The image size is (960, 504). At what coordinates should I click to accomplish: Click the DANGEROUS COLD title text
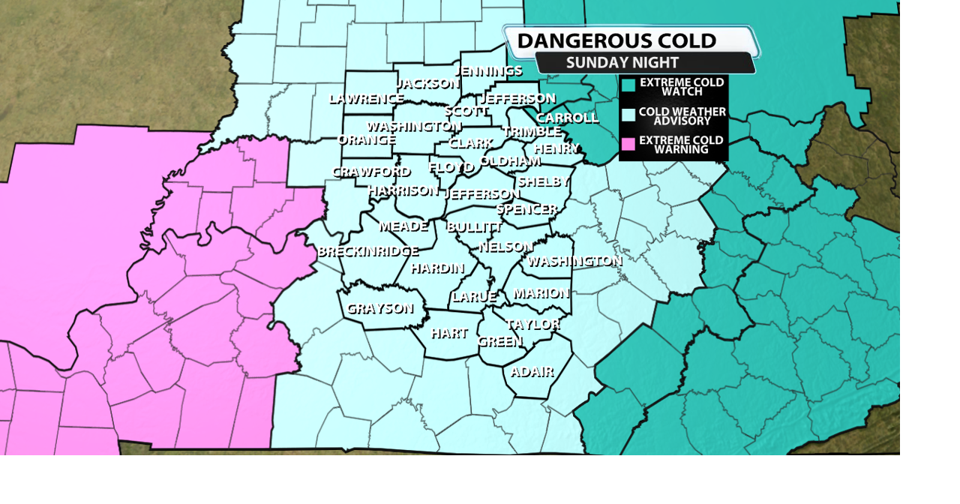point(616,40)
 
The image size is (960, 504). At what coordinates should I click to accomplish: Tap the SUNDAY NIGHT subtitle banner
point(622,63)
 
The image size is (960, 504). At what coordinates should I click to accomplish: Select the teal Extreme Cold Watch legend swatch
point(628,85)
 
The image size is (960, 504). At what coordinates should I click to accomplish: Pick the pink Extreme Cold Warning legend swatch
point(628,144)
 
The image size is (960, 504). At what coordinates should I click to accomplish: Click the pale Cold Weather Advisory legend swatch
point(628,115)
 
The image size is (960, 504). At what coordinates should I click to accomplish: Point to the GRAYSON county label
point(379,308)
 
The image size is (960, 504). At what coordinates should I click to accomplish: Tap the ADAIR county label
point(532,372)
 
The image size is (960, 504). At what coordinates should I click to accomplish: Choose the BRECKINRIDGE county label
point(367,251)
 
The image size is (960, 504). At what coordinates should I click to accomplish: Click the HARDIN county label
point(437,268)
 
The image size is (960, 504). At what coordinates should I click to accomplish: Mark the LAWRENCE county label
point(366,98)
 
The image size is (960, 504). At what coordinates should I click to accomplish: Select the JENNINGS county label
point(488,71)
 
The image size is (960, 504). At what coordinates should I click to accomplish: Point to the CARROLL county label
point(567,118)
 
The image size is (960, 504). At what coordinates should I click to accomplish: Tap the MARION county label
point(541,292)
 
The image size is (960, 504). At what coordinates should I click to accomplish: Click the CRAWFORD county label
point(371,172)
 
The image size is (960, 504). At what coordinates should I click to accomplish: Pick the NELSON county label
point(505,246)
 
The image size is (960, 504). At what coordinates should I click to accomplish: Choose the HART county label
point(449,333)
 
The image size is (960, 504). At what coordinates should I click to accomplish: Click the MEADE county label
point(403,226)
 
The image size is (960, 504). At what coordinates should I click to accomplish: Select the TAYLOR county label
point(533,324)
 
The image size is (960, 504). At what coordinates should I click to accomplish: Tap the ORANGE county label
point(367,139)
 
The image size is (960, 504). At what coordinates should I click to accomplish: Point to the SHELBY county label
point(543,181)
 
